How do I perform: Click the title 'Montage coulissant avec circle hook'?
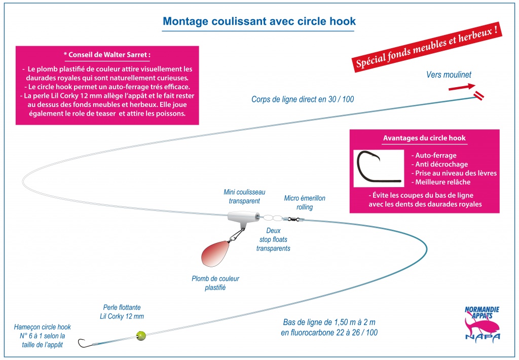[x=259, y=21]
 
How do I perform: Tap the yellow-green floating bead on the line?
[x=141, y=336]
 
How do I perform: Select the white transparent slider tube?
[x=243, y=217]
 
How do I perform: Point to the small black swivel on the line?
[x=293, y=219]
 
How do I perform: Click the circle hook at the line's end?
[x=83, y=343]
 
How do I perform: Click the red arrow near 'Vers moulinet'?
[x=462, y=87]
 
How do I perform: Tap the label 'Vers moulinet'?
[x=449, y=75]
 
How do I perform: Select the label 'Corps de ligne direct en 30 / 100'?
[x=303, y=99]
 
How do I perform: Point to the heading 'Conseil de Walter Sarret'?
[x=107, y=55]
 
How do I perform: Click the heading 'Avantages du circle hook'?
[x=424, y=138]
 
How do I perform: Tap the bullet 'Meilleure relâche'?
[x=440, y=182]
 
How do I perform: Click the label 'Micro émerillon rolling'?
[x=305, y=203]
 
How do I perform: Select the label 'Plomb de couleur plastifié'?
[x=215, y=283]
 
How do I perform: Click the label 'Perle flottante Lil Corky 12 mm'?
[x=122, y=312]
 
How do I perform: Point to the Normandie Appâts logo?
[x=483, y=323]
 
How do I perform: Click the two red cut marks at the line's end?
[x=479, y=95]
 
